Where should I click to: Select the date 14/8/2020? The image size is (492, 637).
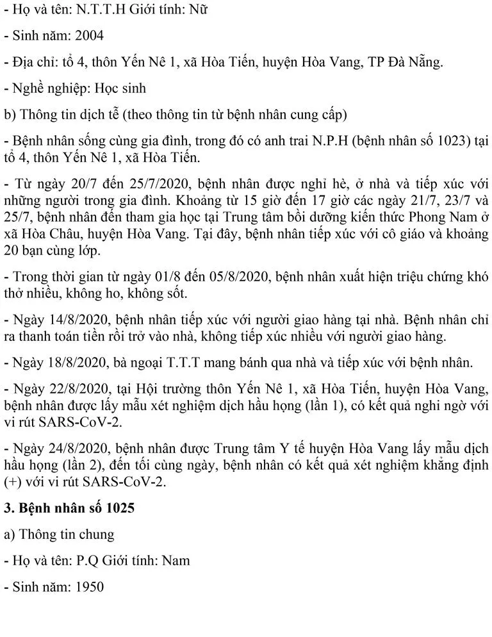pos(75,319)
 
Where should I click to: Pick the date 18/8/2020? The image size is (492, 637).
pos(75,362)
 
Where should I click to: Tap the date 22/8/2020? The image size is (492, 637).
pos(75,388)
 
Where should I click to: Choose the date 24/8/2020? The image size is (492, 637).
pos(75,448)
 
